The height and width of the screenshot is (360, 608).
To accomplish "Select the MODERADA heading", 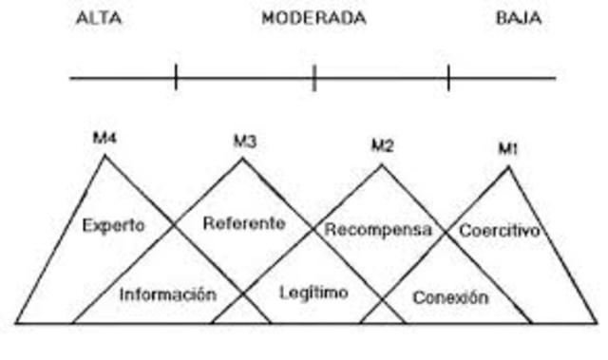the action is tap(313, 19).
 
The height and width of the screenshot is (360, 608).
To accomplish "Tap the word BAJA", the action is tap(519, 19).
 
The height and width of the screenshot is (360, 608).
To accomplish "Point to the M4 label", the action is tap(104, 138).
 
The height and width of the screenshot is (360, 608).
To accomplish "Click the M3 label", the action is tap(245, 142).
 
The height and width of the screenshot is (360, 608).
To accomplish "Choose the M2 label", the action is tap(383, 145).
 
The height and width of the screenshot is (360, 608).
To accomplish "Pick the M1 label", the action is tap(508, 149).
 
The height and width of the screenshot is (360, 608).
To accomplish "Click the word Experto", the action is tap(114, 225).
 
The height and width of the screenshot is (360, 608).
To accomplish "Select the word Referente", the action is tap(244, 223).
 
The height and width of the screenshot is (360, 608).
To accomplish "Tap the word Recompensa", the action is tap(378, 230).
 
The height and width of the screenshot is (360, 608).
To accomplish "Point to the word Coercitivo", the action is tap(500, 230).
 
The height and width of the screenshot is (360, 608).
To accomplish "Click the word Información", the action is tap(167, 294).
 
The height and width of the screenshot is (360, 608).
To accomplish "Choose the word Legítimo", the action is tap(313, 293).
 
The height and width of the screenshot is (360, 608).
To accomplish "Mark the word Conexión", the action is tap(450, 297).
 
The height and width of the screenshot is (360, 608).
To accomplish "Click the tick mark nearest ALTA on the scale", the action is tap(177, 77).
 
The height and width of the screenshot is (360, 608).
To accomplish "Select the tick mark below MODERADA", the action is tap(314, 77).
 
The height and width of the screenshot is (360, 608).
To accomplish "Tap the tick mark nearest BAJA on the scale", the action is tap(448, 77).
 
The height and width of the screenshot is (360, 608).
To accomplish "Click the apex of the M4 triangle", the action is tap(104, 155).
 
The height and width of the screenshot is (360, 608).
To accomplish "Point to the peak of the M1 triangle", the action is tap(508, 167).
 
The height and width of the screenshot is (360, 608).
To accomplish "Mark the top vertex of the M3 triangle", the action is tap(243, 159).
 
